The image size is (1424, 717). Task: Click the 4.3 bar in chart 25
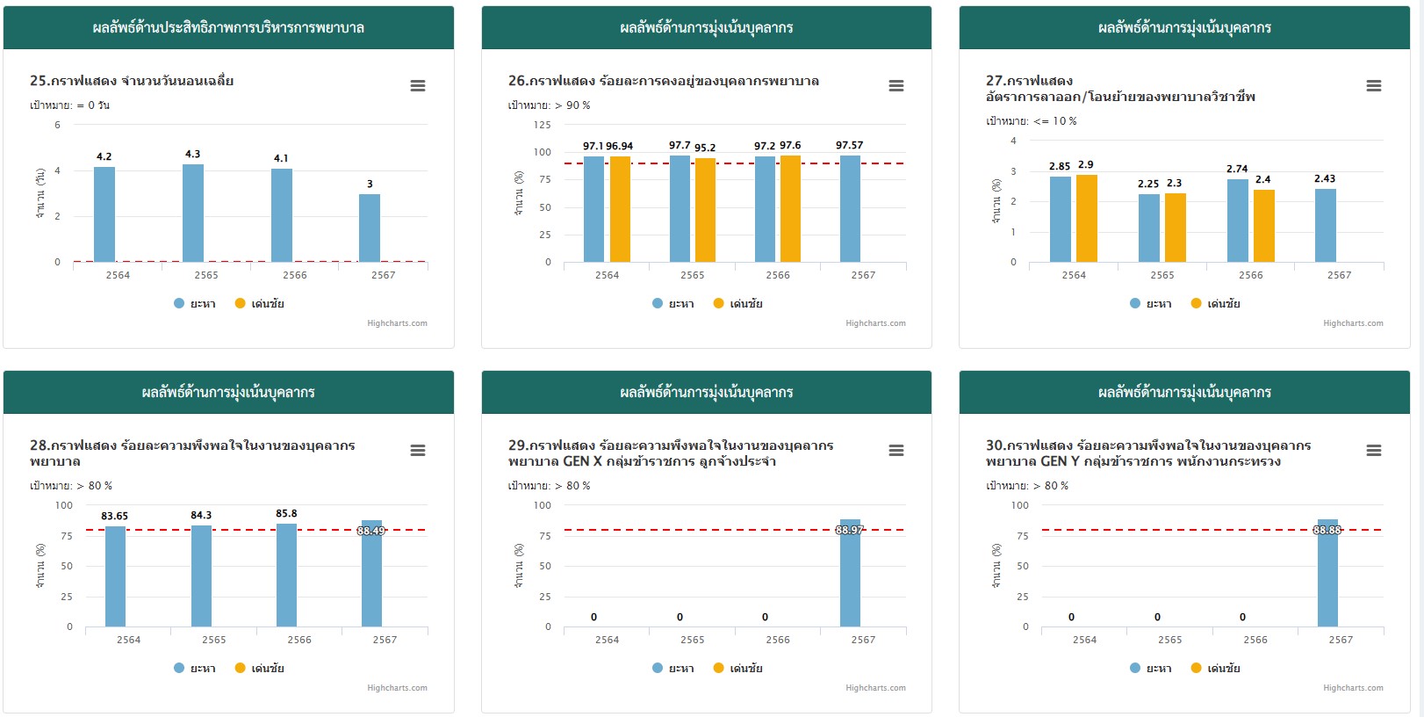tap(193, 213)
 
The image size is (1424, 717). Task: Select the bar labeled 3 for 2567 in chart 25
tap(370, 228)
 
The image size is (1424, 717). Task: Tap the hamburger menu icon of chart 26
tap(895, 86)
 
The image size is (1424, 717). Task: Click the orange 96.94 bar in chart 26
tap(620, 209)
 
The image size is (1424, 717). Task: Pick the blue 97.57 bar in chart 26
tap(850, 209)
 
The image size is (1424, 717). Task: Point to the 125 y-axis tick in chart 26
tap(543, 125)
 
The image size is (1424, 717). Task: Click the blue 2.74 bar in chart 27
tap(1238, 221)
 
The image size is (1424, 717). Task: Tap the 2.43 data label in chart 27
tap(1325, 178)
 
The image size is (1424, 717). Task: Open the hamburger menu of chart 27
tap(1374, 86)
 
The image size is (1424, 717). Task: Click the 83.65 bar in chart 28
tap(115, 576)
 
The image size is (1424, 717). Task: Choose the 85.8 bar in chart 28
tap(286, 575)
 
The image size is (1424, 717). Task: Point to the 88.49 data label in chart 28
tap(371, 531)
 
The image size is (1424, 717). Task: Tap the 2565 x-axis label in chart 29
tap(693, 640)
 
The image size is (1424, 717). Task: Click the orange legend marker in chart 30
tap(1196, 668)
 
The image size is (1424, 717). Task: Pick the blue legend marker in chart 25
tap(179, 303)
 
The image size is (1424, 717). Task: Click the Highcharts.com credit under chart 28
tap(397, 688)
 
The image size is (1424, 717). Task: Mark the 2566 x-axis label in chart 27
tap(1251, 275)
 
